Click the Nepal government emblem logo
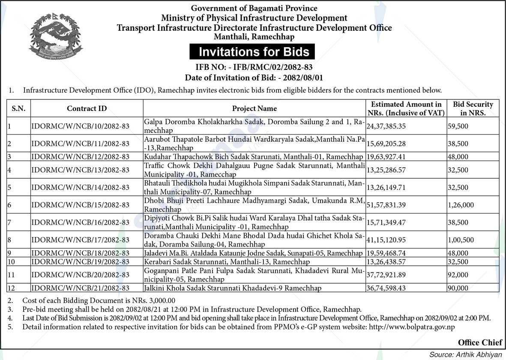(55, 38)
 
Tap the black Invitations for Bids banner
(253, 52)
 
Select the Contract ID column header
(87, 108)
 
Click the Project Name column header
(254, 108)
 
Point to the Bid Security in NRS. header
(473, 108)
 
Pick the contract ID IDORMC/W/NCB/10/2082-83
(80, 126)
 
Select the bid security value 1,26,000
(461, 205)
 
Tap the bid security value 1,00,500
(461, 240)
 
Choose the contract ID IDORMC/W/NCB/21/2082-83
(80, 288)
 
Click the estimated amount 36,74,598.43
(386, 288)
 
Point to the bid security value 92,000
(458, 275)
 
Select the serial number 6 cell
(9, 205)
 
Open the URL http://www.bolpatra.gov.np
(412, 327)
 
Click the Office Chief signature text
(479, 342)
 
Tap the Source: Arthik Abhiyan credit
(466, 354)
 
